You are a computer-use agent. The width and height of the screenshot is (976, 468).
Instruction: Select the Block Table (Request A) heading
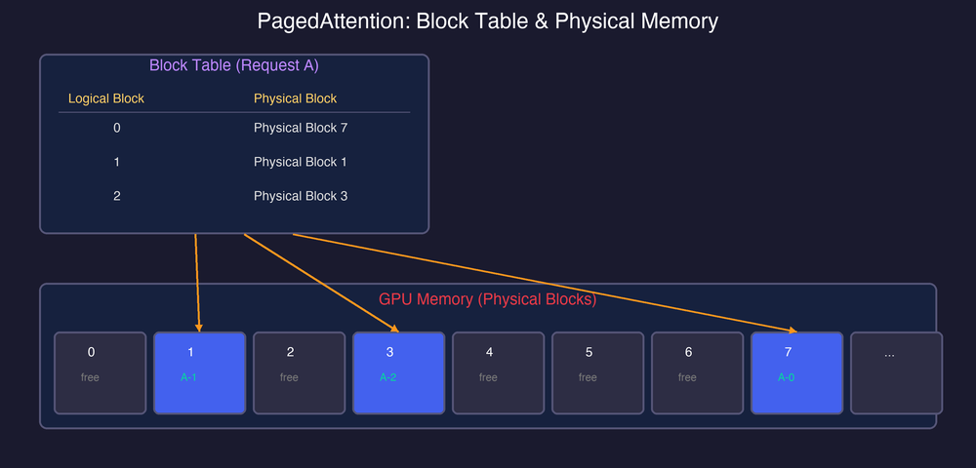[x=233, y=66]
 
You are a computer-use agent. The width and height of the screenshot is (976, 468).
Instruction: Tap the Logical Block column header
[x=106, y=98]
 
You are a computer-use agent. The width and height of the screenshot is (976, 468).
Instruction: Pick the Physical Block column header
[x=295, y=98]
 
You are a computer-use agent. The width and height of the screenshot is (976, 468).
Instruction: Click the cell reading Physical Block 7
[x=300, y=128]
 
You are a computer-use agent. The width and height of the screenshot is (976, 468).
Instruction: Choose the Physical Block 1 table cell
[x=300, y=162]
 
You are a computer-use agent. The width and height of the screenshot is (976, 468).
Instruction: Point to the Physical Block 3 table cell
[x=300, y=196]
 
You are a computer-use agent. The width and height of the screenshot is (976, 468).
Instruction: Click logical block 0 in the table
[x=117, y=128]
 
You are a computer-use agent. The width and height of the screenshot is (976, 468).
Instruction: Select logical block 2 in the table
[x=117, y=196]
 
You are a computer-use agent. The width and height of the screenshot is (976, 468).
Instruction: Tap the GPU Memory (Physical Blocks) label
[x=487, y=299]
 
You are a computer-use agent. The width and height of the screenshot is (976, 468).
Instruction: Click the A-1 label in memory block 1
[x=189, y=377]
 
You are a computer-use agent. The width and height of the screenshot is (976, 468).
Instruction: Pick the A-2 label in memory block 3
[x=388, y=377]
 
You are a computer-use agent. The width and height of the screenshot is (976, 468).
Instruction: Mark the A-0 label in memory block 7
[x=787, y=377]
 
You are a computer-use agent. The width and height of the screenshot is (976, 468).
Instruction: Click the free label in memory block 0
[x=90, y=377]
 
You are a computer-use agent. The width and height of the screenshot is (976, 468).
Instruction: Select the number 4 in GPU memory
[x=489, y=353]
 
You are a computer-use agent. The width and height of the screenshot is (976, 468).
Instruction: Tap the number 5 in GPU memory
[x=589, y=353]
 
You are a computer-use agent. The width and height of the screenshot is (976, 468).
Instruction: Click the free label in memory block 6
[x=687, y=377]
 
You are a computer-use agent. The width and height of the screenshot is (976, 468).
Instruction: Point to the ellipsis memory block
[x=896, y=372]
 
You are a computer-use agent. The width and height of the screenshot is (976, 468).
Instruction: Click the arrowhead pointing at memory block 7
[x=792, y=330]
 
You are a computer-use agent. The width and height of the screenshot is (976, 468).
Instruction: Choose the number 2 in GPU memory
[x=290, y=353]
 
